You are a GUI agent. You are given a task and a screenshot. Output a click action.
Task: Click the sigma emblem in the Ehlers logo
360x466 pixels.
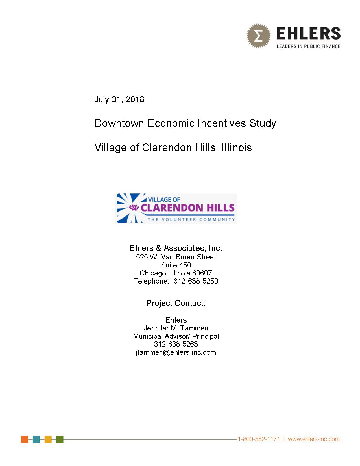258,36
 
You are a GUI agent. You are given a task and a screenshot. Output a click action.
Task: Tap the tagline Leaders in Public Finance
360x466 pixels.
308,46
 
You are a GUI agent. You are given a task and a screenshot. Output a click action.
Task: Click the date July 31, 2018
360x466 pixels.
119,99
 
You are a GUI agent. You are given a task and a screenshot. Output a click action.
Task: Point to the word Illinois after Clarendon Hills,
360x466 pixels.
237,148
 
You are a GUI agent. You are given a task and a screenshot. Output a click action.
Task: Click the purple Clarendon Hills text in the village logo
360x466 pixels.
187,208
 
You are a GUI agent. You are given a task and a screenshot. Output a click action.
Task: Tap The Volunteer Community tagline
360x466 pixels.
191,219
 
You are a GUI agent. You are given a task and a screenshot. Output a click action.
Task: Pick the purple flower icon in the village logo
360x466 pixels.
134,208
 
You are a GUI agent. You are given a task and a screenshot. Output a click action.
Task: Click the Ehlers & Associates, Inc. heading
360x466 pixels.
176,248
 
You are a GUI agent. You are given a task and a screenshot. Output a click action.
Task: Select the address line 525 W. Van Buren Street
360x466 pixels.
176,257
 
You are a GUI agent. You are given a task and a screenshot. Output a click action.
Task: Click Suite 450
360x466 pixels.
176,265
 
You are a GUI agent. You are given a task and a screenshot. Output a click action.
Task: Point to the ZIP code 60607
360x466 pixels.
202,273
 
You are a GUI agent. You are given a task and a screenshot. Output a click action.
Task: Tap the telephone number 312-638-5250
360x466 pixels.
196,281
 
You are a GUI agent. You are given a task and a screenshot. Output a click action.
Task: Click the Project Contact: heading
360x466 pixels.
176,303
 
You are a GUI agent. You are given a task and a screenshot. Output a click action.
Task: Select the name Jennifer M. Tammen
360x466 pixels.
176,328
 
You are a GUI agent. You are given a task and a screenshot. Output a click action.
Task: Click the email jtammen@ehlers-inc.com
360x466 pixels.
176,352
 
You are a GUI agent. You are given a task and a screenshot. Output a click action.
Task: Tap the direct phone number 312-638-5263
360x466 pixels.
176,344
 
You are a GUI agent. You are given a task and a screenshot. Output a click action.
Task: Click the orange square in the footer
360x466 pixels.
25,439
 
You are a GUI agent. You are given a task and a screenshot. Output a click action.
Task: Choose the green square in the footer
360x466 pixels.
60,439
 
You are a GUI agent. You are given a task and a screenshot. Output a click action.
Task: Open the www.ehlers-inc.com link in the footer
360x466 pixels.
313,439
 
